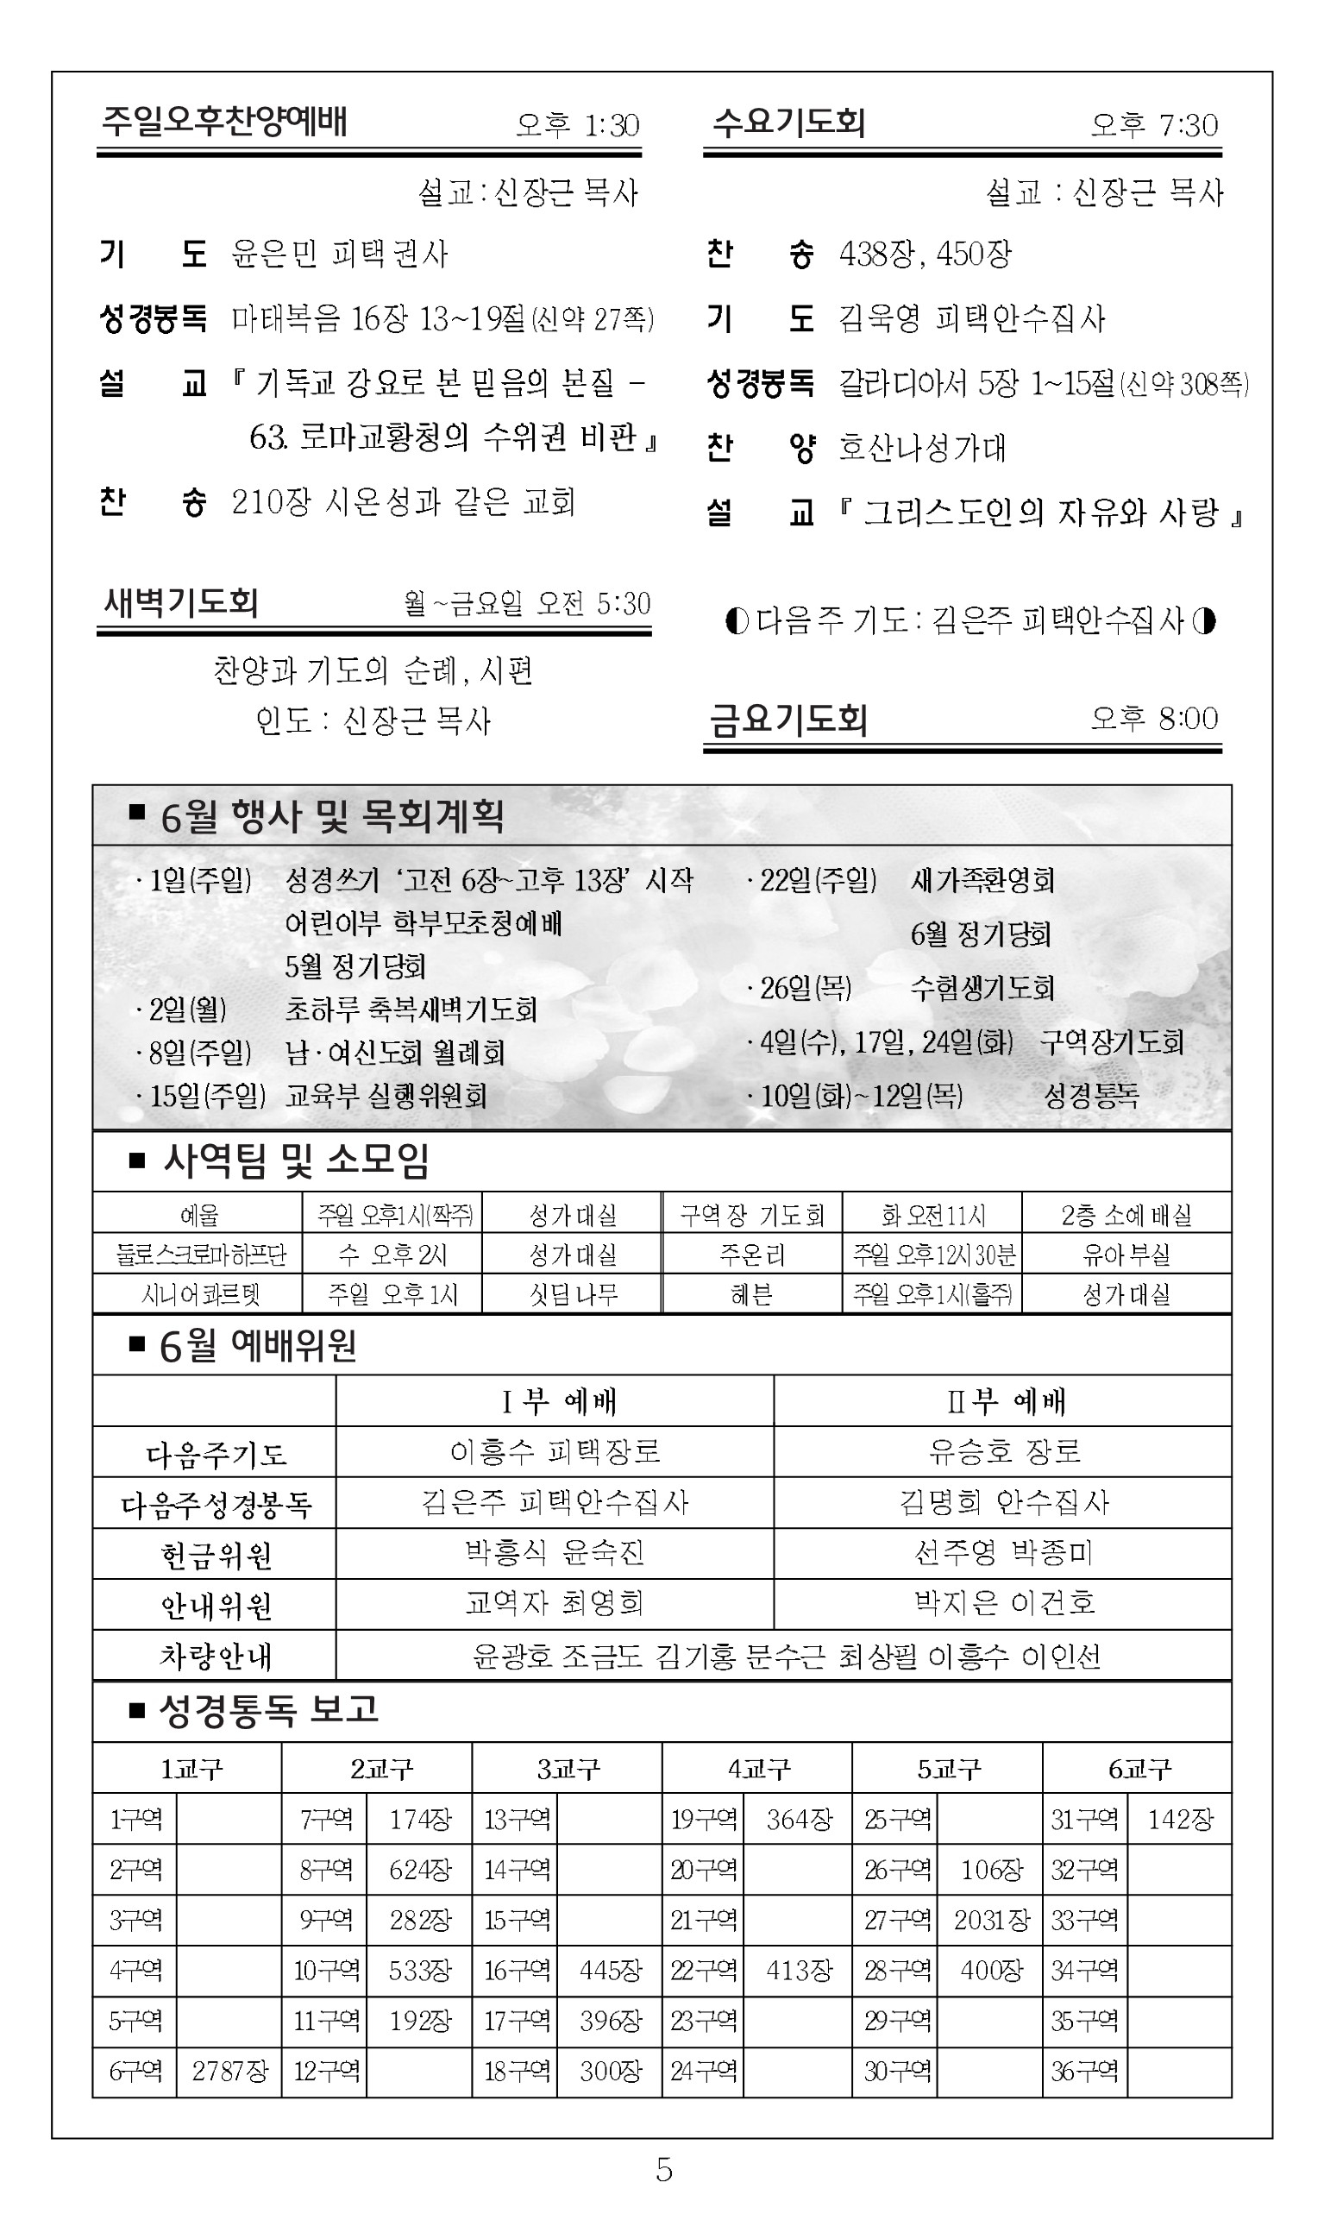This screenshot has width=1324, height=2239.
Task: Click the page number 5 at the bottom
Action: click(x=663, y=2169)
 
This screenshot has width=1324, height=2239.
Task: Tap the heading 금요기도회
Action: click(x=788, y=720)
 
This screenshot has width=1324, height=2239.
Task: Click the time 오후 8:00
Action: click(x=1153, y=719)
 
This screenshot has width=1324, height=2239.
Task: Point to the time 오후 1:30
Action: click(x=578, y=125)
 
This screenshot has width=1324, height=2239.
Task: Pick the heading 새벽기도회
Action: click(x=181, y=603)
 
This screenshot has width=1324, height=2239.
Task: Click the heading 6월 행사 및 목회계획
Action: click(x=332, y=815)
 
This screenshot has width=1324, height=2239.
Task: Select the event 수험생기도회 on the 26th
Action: click(x=982, y=988)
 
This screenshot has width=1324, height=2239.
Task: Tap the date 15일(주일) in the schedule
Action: click(x=207, y=1095)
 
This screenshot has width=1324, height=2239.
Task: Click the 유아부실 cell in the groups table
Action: click(x=1126, y=1255)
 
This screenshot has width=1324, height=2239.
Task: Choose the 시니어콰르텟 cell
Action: click(x=200, y=1294)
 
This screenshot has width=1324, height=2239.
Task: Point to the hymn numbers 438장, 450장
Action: click(x=926, y=255)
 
